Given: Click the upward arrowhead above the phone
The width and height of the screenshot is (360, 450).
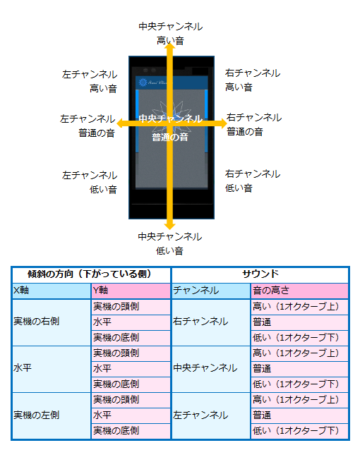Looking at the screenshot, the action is click(x=170, y=48).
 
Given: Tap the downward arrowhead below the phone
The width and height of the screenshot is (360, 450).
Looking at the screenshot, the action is click(x=170, y=225).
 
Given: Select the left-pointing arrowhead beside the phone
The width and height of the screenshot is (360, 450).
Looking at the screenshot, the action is click(x=121, y=123).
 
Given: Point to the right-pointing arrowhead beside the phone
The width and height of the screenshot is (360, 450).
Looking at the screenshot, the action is click(x=222, y=123).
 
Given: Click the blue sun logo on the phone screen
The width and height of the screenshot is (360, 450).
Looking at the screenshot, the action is click(x=143, y=83).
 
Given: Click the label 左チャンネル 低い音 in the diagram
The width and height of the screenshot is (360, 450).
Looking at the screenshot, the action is click(x=90, y=182).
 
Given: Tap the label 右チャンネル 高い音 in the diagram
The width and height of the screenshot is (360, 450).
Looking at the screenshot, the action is click(x=253, y=80).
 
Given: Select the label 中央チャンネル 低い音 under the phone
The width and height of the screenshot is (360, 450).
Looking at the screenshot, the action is click(x=170, y=243).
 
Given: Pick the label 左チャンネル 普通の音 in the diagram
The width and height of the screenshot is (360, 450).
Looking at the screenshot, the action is click(x=88, y=126).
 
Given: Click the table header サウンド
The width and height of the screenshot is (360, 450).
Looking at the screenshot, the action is click(x=260, y=274).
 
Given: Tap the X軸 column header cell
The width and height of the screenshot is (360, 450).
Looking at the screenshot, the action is click(x=52, y=291).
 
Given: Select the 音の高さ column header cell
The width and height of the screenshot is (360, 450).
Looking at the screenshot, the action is click(x=299, y=291).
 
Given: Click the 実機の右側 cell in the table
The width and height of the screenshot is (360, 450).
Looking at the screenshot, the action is click(x=52, y=322).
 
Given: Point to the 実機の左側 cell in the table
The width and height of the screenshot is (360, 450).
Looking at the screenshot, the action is click(x=52, y=415).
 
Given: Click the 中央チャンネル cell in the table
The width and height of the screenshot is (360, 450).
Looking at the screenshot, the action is click(x=211, y=368).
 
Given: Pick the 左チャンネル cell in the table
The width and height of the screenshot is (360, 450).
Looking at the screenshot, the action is click(x=211, y=415).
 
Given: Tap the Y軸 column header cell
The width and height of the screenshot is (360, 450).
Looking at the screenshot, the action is click(x=131, y=291).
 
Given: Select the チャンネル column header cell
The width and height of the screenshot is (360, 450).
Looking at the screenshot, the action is click(x=211, y=291).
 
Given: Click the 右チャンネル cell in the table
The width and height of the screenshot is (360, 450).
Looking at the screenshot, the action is click(x=211, y=322).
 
